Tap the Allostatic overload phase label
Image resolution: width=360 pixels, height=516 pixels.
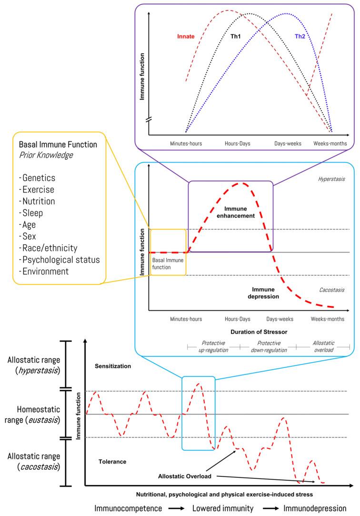coord(323,346)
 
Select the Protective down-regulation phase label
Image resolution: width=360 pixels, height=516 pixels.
coord(269,346)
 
